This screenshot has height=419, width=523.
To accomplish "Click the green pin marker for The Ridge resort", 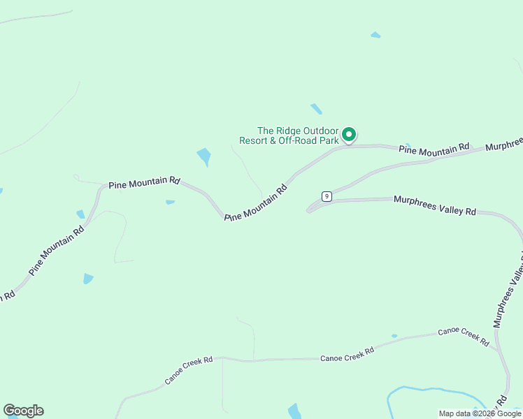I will tap(348, 133).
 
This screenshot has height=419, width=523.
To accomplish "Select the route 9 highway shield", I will tap(327, 196).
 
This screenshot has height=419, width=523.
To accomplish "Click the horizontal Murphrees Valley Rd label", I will tap(434, 205).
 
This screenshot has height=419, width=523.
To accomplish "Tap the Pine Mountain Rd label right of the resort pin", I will tap(434, 149).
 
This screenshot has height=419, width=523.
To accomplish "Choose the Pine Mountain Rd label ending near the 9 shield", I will tap(257, 203).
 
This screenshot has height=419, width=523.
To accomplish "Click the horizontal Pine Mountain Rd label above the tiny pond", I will tap(144, 183).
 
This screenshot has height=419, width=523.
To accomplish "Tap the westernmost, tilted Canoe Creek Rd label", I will tap(189, 370).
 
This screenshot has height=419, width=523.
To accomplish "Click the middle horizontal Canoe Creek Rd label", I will tap(347, 354).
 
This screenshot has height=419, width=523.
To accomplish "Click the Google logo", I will tap(23, 411).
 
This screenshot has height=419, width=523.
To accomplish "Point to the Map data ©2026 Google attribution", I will tap(480, 413).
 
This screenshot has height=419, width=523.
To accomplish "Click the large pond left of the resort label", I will tap(204, 156).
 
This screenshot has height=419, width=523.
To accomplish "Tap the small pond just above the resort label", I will tap(317, 109).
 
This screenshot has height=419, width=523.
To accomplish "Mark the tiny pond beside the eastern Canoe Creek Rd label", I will tap(394, 336).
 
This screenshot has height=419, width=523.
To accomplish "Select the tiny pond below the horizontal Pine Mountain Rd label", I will tap(170, 203).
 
